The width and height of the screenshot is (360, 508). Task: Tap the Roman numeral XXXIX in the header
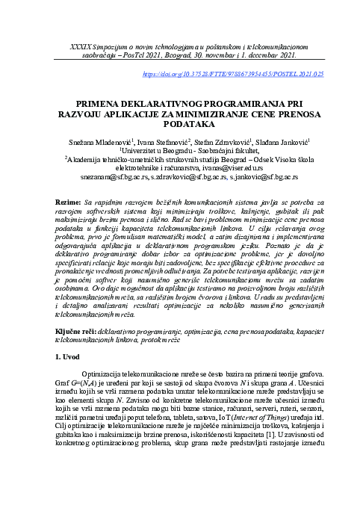(x=81, y=46)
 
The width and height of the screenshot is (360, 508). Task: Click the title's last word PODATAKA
(x=180, y=128)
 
